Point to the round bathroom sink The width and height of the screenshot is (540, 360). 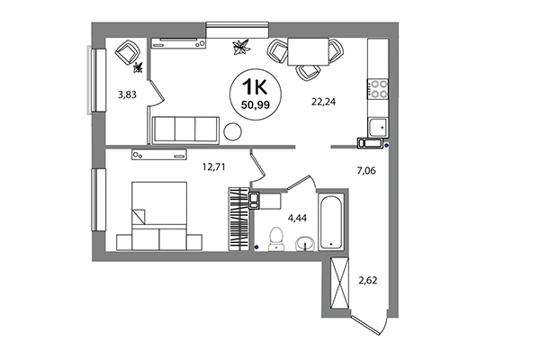click(305, 241)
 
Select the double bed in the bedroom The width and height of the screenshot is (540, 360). click(158, 217)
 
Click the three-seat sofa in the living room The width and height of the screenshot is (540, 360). click(185, 130)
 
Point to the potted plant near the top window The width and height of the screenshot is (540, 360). click(240, 46)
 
